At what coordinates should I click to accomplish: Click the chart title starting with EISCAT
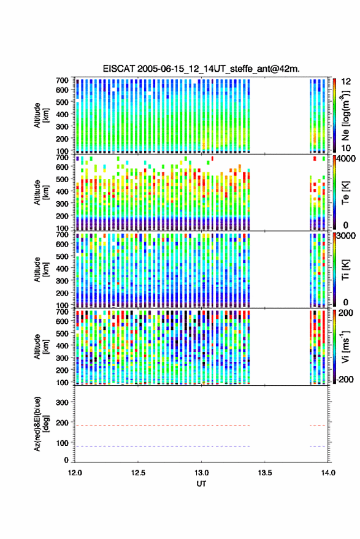click(x=201, y=69)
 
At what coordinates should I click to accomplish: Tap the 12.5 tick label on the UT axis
click(x=138, y=473)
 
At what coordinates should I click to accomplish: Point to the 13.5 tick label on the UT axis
click(x=265, y=473)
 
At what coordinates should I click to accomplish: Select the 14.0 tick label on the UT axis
click(x=328, y=473)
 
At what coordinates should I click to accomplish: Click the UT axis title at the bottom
click(x=201, y=484)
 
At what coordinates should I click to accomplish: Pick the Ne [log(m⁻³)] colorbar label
click(x=346, y=115)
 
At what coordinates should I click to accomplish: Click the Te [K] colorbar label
click(x=346, y=193)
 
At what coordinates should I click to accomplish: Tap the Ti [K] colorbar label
click(x=346, y=270)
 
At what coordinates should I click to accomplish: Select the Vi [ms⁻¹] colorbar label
click(x=346, y=346)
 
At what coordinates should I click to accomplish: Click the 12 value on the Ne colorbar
click(x=346, y=82)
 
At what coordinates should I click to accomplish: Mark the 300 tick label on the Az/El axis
click(x=62, y=402)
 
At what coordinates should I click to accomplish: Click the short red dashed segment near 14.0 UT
click(x=317, y=426)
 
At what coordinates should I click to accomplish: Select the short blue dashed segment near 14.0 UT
click(x=317, y=446)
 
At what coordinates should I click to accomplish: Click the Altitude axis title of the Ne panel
click(x=40, y=115)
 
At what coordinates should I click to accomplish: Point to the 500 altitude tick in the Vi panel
click(x=62, y=333)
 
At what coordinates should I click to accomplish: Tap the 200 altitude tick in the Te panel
click(x=62, y=216)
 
